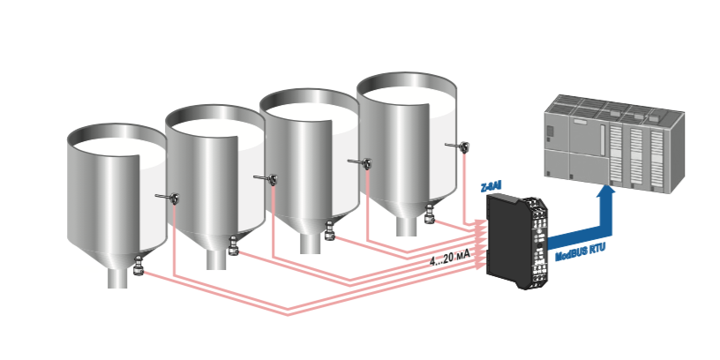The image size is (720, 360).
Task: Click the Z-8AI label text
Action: (x=491, y=188)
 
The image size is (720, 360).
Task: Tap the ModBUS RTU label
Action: (x=581, y=252)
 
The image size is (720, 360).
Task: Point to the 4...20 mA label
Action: (x=451, y=260)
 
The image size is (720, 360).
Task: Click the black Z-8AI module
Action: (x=516, y=242)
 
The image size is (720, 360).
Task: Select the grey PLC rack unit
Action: (x=614, y=144)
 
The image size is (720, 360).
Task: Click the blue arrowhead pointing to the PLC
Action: (x=606, y=193)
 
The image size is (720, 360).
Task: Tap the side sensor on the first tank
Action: (x=168, y=198)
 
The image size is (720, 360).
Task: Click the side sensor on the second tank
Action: (x=266, y=178)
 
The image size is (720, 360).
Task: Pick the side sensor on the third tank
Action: (x=361, y=162)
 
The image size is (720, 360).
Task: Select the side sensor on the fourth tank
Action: (x=458, y=146)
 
